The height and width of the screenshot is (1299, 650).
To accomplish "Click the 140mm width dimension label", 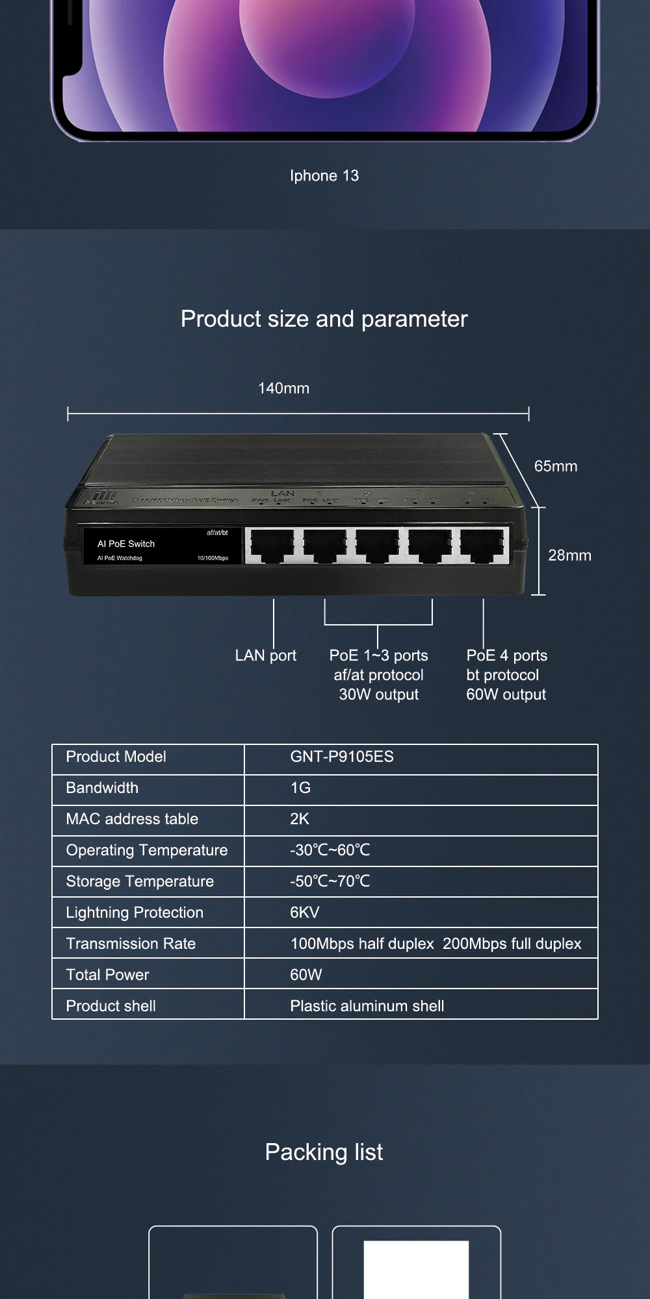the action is coord(283,388).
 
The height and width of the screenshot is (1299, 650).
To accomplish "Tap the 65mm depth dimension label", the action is coord(555,466).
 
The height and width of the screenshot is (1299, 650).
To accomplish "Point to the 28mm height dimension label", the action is coord(569,555).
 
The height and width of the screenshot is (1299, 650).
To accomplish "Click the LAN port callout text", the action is coord(265,655).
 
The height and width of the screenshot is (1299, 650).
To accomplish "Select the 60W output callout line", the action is coord(506,694).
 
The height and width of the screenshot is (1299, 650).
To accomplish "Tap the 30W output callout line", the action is coord(378,694).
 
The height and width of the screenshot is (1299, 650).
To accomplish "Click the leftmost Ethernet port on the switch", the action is coord(272,545).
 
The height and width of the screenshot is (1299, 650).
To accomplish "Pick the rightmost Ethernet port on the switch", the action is coord(482,545).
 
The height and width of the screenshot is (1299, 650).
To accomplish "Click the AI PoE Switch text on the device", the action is coord(126,544).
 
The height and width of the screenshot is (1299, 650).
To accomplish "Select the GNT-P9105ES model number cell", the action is coord(342,757).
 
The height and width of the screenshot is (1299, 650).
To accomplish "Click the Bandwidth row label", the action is coord(102,788).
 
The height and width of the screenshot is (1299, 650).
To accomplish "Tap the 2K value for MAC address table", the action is coord(300,819).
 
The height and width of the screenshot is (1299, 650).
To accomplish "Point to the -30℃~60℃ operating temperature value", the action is coord(330,850).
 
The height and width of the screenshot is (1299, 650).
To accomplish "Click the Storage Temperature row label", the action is coord(140,881).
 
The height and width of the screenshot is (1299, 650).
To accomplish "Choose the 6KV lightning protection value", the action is coord(305,913).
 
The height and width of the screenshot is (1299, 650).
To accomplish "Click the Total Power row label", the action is coord(107,975).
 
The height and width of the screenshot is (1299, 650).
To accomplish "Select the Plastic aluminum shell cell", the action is coord(367,1006).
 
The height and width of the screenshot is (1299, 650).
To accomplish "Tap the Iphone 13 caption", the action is coord(324,175).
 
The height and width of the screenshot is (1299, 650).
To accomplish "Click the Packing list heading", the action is coord(324,1152).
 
